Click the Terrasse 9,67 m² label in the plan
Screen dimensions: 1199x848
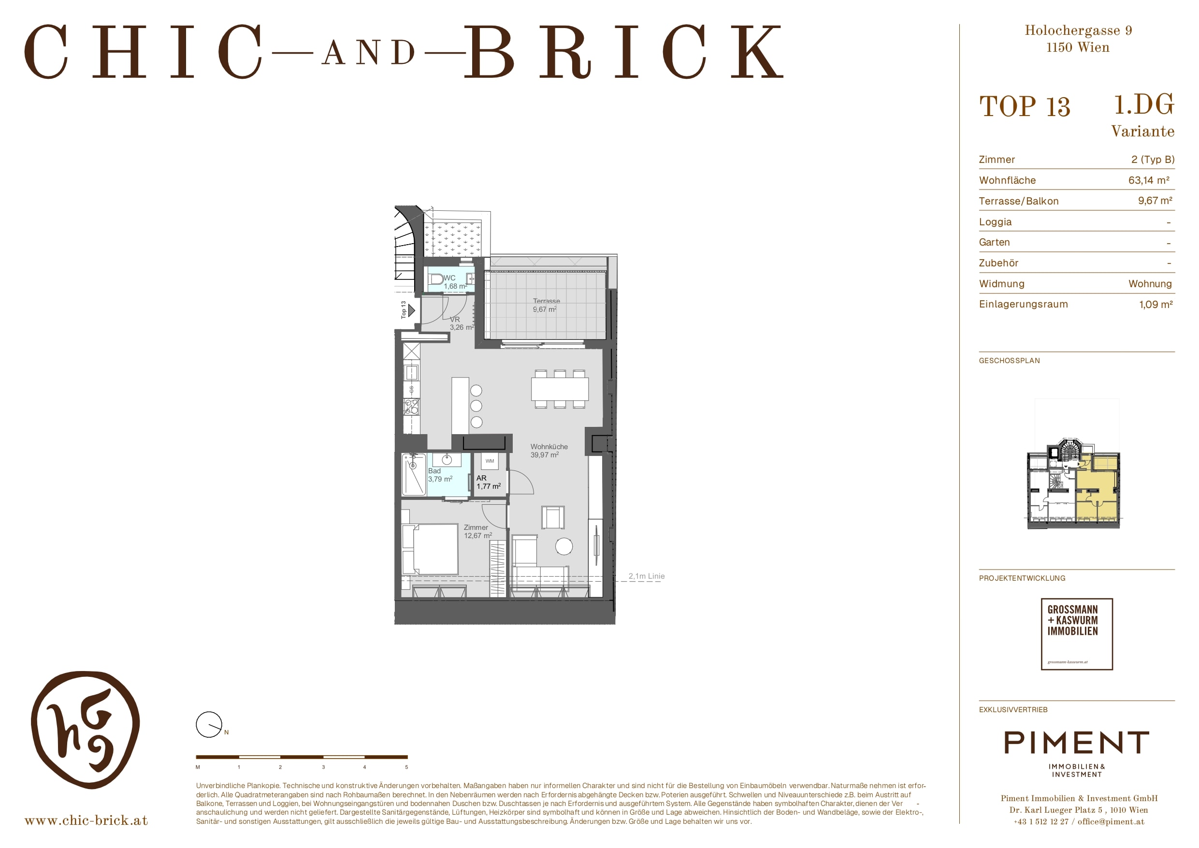[x=546, y=305]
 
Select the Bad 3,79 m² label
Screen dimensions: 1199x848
[x=440, y=475]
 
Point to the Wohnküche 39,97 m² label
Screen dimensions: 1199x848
[x=549, y=451]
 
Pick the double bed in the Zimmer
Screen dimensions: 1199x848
[x=430, y=549]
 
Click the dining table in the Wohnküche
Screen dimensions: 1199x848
[x=560, y=389]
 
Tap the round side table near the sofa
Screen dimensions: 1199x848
[x=564, y=546]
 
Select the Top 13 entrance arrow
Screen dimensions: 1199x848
[x=411, y=310]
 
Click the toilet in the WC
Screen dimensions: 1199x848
[x=435, y=279]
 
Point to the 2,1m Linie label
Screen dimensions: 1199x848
[x=647, y=576]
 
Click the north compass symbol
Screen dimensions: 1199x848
[x=209, y=725]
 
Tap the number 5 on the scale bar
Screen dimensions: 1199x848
[x=406, y=767]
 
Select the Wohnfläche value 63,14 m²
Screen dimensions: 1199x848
[x=1149, y=180]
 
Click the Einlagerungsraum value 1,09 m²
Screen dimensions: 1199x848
[x=1156, y=305]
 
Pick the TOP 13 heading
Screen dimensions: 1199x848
[x=1025, y=106]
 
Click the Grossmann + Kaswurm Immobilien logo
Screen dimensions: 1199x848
[x=1077, y=634]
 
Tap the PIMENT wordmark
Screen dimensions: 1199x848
[x=1077, y=743]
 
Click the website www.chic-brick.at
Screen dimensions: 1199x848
[x=86, y=821]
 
